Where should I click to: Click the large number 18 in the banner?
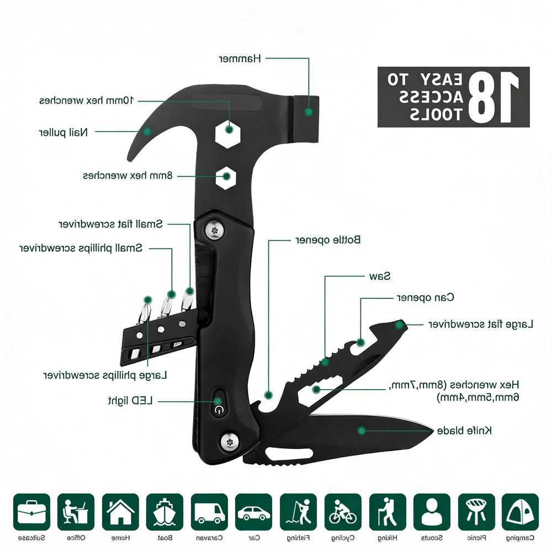494,97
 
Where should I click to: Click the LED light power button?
219,408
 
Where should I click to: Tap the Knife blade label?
464,431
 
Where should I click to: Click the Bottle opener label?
328,240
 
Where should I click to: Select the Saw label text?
379,275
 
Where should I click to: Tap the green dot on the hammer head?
309,112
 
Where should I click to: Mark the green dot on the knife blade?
362,431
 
